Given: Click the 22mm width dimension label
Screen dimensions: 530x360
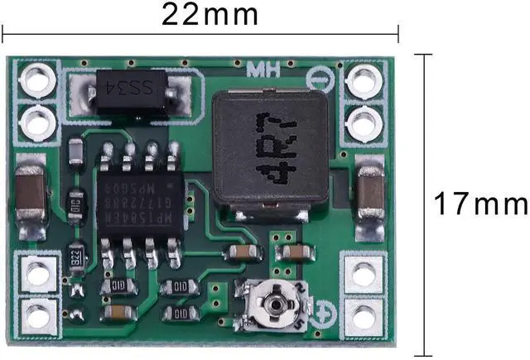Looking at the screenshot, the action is (210, 14).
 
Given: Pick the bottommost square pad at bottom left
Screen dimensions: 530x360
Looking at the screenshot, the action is (37, 315).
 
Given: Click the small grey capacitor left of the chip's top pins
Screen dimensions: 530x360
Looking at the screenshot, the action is (76, 151).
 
